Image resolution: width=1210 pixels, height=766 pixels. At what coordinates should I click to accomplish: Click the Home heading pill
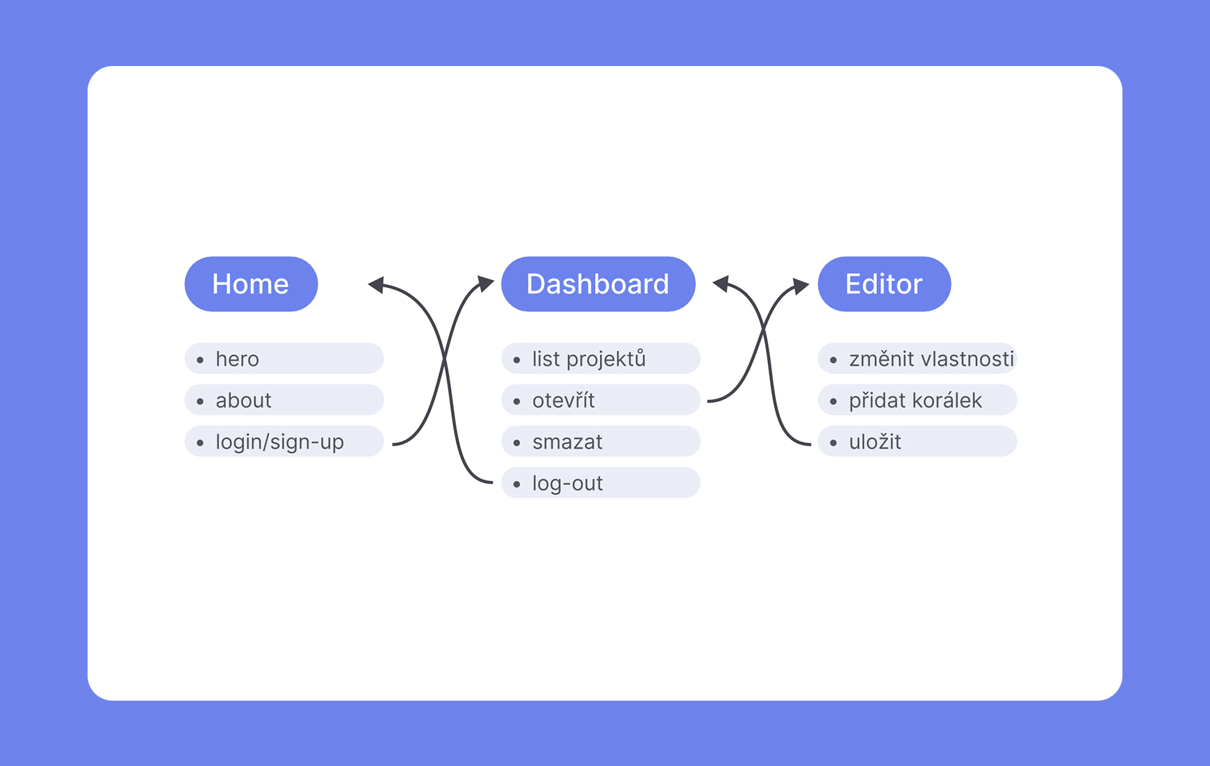click(x=251, y=284)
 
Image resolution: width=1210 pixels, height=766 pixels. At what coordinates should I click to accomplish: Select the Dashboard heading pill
click(x=598, y=284)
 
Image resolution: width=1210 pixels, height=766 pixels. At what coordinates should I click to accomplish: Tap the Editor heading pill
click(x=884, y=284)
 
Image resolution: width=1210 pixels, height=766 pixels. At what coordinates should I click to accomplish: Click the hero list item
click(x=284, y=359)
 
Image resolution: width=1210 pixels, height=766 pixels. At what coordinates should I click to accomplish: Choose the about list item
click(x=284, y=400)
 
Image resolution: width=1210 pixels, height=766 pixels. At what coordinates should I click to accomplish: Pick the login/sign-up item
click(x=284, y=441)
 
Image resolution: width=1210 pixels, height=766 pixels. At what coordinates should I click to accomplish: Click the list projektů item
click(x=600, y=359)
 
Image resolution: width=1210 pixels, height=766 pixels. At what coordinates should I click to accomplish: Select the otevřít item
click(x=600, y=400)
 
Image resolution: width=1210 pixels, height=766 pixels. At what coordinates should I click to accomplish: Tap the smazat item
click(x=600, y=441)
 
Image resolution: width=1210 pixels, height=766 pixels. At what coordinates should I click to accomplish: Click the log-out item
click(x=600, y=483)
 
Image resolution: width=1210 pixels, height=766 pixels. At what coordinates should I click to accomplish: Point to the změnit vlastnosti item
click(x=917, y=359)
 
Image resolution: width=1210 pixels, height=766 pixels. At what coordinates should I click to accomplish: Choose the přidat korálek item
click(x=917, y=400)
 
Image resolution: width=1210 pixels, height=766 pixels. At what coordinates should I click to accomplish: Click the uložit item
click(x=917, y=441)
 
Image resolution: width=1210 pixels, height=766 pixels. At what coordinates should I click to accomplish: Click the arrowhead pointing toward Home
click(x=377, y=284)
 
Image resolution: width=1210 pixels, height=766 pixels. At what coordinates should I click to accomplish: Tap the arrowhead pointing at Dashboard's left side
click(x=486, y=283)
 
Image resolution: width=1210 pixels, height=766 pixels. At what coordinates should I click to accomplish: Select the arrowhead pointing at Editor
click(x=801, y=285)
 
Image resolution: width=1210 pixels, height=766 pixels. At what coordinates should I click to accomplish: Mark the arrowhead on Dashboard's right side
click(x=721, y=283)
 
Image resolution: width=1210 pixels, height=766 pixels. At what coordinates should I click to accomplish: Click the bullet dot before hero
click(x=200, y=360)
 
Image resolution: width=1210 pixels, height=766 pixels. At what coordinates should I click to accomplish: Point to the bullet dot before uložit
click(x=833, y=443)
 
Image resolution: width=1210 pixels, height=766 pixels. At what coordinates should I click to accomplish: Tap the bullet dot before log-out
click(x=516, y=484)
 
